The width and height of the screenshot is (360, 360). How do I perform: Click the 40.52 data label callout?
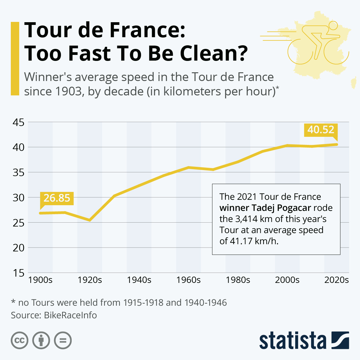[321, 130]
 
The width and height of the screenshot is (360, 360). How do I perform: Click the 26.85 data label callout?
[57, 198]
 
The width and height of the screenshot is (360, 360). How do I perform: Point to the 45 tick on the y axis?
[18, 122]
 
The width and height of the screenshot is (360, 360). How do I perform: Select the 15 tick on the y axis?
[18, 273]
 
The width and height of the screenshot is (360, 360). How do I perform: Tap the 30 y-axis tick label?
[18, 198]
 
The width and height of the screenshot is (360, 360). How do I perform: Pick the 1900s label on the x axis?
[40, 280]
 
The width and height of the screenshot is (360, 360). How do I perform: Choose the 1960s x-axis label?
[188, 280]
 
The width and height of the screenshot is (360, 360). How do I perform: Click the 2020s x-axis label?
[336, 280]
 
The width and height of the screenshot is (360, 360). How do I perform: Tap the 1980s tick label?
[238, 280]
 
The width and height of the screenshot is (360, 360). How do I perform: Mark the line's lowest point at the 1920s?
[89, 220]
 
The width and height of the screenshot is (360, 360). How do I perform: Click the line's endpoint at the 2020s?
[337, 144]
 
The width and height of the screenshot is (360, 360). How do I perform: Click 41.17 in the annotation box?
[242, 241]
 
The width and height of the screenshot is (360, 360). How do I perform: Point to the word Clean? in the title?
[214, 53]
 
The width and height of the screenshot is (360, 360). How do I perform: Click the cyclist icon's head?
[334, 26]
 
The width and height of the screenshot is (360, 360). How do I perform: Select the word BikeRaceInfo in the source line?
[70, 315]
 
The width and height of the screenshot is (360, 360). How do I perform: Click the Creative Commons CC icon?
[19, 340]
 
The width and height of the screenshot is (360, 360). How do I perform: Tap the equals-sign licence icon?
[63, 340]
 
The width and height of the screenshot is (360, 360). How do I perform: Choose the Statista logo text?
[292, 341]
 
